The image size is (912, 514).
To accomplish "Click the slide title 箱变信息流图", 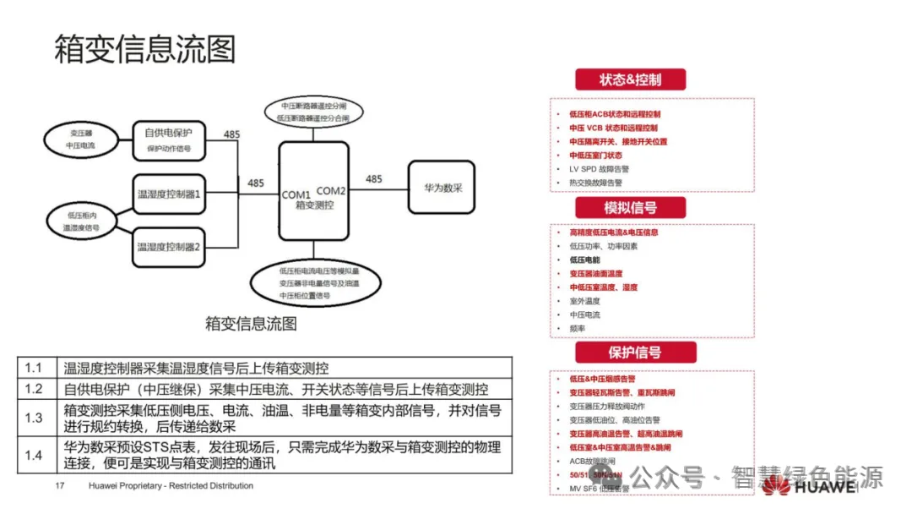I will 144,48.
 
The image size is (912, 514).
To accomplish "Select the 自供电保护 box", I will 169,139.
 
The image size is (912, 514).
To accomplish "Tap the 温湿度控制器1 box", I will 169,194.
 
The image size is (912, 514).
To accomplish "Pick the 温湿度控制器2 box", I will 169,247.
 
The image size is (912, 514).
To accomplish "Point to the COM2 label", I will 331,190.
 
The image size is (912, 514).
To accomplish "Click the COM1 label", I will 296,195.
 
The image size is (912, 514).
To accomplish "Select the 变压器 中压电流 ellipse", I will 81,140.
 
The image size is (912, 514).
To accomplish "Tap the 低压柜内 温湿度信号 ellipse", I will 81,221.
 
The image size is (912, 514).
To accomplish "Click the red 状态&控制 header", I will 630,80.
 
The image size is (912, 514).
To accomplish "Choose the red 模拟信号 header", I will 630,208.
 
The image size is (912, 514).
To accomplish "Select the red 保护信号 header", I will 635,353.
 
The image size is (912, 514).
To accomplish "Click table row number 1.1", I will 33,368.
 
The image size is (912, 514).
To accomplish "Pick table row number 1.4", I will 33,456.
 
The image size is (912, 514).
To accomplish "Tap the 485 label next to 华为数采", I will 373,179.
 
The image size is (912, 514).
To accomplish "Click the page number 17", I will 60,486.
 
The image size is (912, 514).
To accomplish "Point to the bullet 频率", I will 578,328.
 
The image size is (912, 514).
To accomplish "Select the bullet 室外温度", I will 585,301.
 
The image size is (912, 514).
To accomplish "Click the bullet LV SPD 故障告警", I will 599,168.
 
